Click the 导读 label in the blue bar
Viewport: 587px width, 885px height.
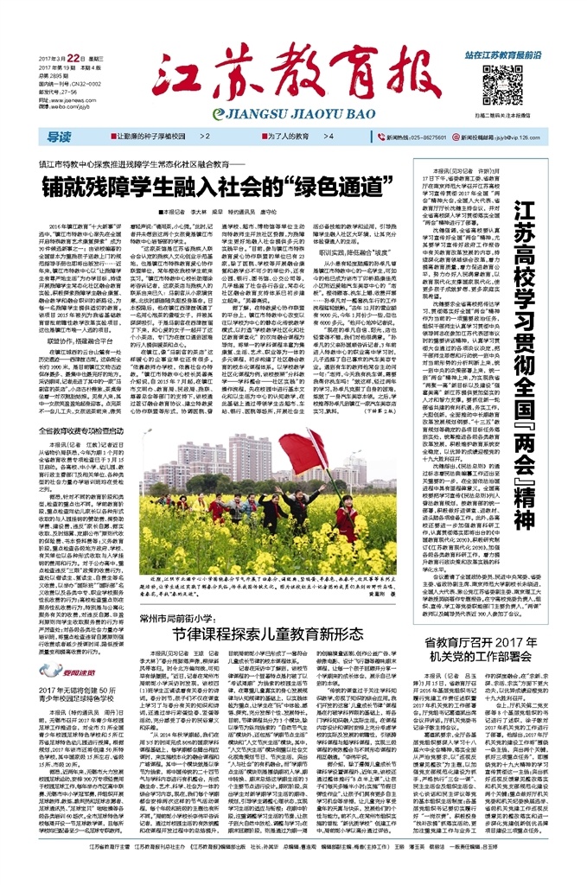[x=59, y=137]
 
